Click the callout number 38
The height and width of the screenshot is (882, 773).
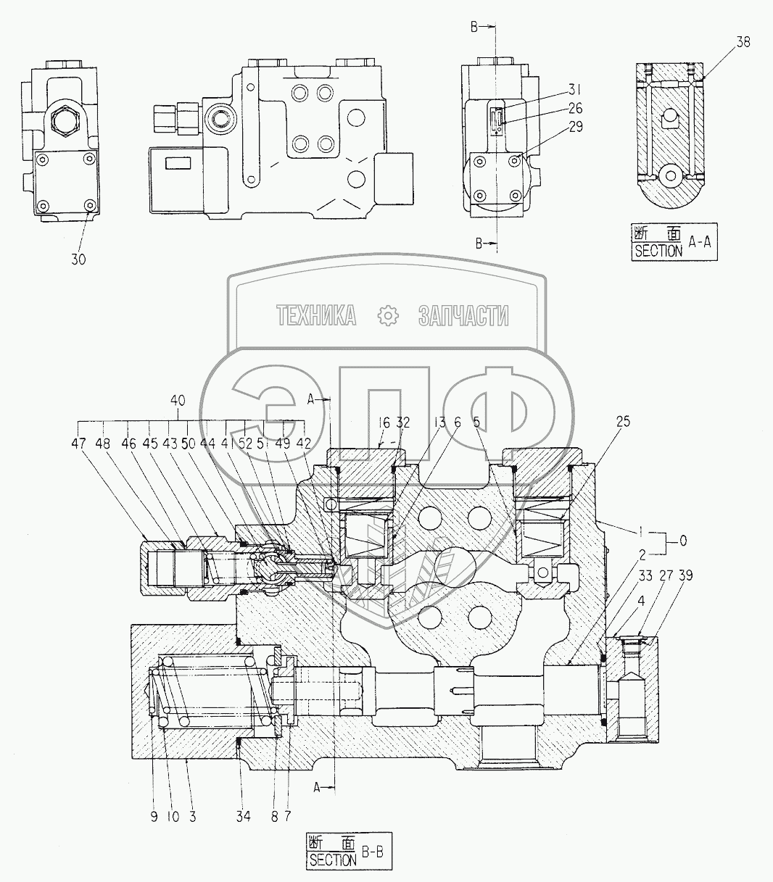[743, 43]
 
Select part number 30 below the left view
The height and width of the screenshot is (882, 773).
[78, 259]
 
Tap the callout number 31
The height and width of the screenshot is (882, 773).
[574, 90]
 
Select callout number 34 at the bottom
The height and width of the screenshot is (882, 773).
[243, 817]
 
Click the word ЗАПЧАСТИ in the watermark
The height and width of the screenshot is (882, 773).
[463, 315]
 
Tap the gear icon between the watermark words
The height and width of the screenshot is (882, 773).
[389, 315]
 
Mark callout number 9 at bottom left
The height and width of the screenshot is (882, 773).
[153, 817]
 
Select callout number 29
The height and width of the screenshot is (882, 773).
[576, 126]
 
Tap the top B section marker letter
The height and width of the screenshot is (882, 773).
[474, 28]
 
